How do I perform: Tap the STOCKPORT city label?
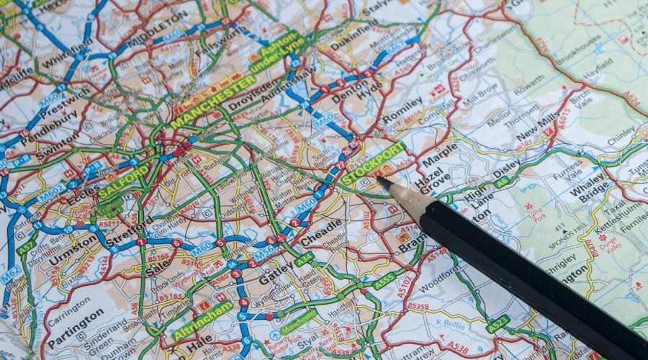coord(374,165)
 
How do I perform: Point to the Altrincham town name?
coord(202,321)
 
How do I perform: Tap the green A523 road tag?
coord(498,323)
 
